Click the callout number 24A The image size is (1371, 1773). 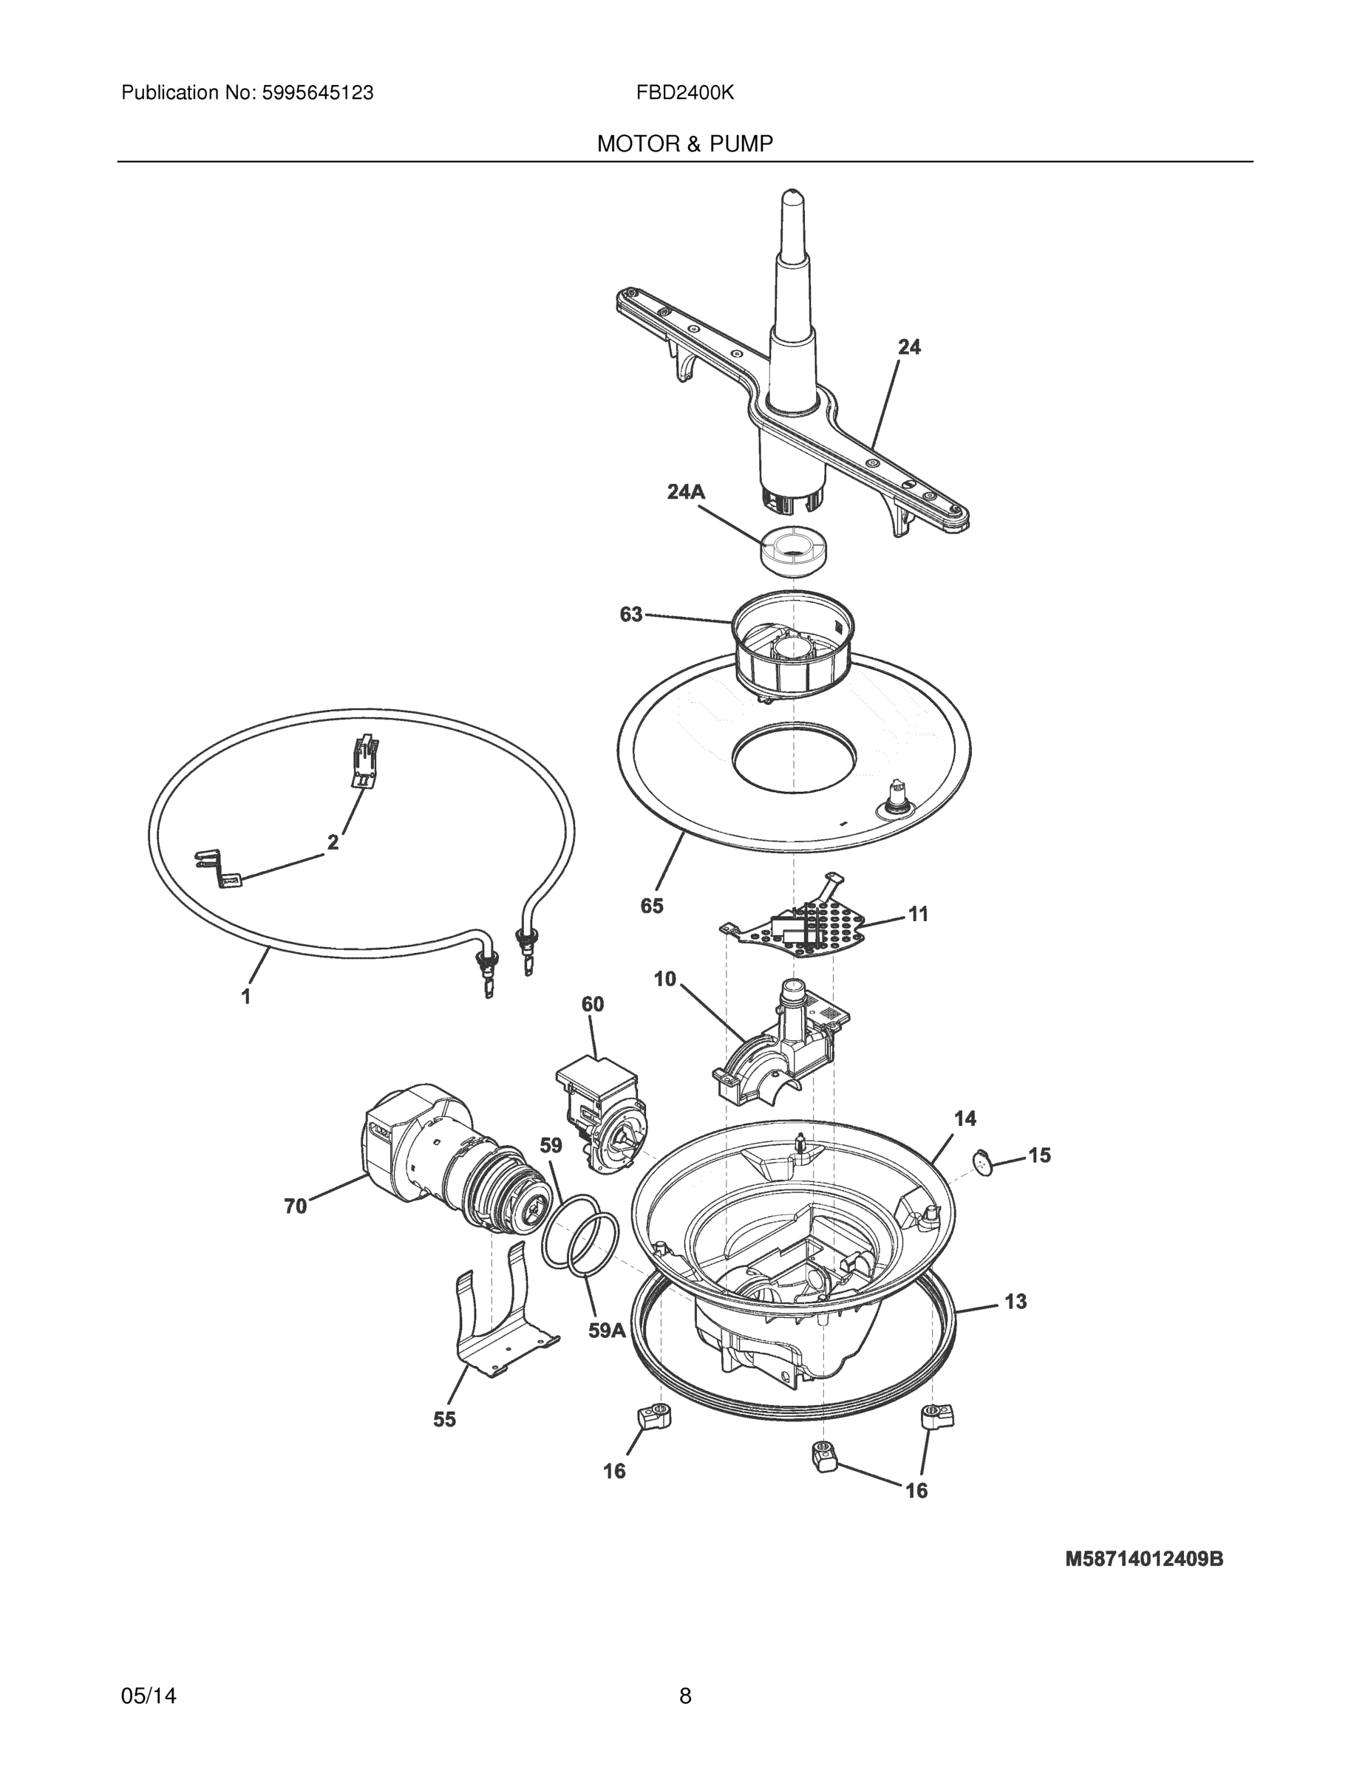tap(686, 491)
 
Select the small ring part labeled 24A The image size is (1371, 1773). tap(792, 550)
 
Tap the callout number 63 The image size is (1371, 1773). tap(631, 615)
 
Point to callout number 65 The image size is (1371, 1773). tap(651, 906)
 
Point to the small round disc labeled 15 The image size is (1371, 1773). tap(984, 1162)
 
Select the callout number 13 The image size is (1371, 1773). tap(1016, 1302)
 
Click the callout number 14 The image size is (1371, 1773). tap(965, 1118)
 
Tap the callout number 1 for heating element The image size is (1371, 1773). tap(246, 996)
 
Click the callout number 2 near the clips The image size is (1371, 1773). tap(333, 843)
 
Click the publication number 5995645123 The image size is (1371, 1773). tap(317, 93)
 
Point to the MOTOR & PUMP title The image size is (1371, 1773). tap(684, 145)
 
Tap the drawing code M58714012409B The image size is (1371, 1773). tap(1143, 1559)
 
